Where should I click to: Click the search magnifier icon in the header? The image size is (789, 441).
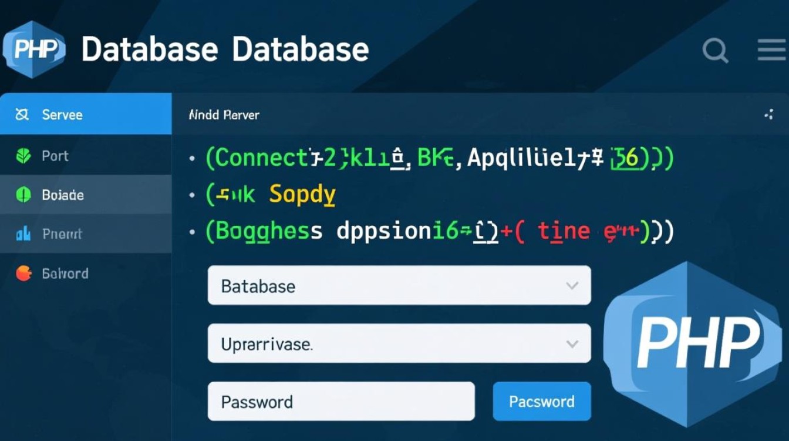[714, 50]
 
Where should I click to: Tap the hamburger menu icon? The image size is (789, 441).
[771, 50]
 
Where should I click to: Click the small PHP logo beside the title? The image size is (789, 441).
[34, 49]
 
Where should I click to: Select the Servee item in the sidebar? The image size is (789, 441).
[86, 114]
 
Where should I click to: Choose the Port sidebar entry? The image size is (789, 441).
[86, 156]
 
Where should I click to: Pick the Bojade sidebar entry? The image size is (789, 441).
[86, 195]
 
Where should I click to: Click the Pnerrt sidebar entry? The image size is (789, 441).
[86, 234]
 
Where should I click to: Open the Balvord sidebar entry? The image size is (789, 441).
[86, 273]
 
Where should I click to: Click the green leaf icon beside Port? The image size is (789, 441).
[23, 156]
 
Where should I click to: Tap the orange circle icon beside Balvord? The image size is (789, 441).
[23, 273]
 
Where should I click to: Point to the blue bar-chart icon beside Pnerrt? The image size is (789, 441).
[23, 234]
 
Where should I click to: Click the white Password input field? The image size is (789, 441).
[340, 402]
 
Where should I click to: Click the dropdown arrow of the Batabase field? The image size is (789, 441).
[572, 286]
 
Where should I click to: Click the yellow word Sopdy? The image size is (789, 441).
[302, 194]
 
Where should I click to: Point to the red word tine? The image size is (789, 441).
[564, 231]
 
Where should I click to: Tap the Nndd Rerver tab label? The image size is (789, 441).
[224, 115]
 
